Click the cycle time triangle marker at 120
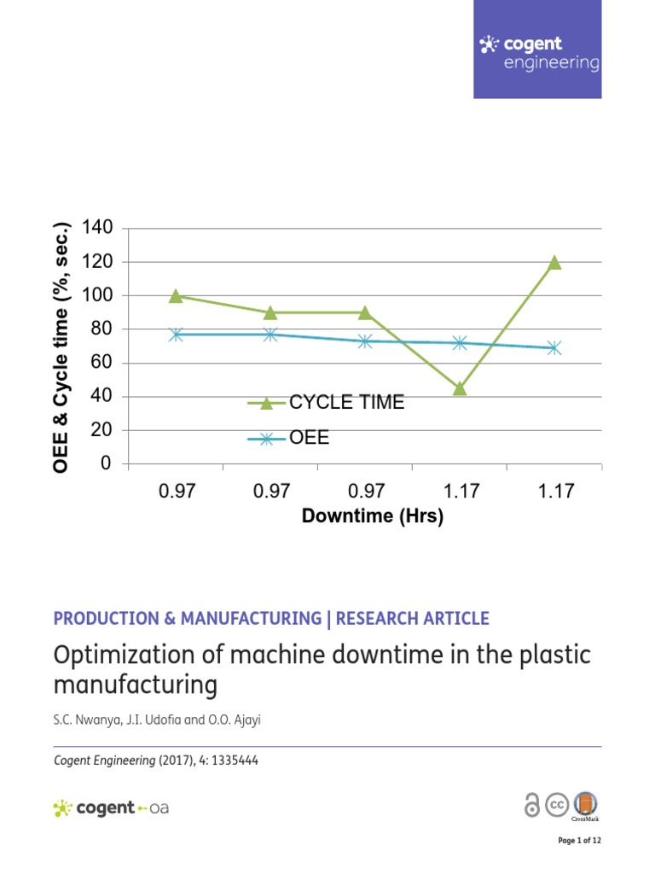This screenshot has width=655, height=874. (554, 262)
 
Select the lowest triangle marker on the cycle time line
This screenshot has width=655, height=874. (460, 388)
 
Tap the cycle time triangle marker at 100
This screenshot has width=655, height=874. (176, 296)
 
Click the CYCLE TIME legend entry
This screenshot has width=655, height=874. (346, 403)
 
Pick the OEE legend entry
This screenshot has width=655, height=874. (309, 439)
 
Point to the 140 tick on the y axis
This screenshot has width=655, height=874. (96, 228)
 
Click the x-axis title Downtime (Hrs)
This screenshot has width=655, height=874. (373, 516)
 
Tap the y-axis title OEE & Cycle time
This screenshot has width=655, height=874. (61, 346)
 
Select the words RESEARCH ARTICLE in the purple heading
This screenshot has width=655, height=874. (413, 619)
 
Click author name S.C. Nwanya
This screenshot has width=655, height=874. (83, 720)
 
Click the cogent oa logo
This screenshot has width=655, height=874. (111, 807)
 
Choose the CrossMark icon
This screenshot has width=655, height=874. (585, 805)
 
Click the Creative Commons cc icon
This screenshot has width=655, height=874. (557, 805)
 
